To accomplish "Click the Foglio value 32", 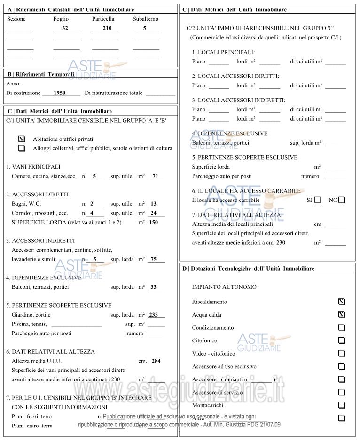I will click(x=65, y=28).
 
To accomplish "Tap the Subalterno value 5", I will click(x=145, y=28).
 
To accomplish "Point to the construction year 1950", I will click(x=60, y=93).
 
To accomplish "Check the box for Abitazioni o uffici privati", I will click(x=21, y=139).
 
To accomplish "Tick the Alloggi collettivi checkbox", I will click(x=21, y=148).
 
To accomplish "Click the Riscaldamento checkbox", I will click(x=342, y=302).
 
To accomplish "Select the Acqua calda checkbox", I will click(x=342, y=315).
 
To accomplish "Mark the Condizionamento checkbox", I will click(x=342, y=327).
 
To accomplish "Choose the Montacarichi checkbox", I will click(x=342, y=405).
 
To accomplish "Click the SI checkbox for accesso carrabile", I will click(x=318, y=200).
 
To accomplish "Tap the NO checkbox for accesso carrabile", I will click(x=342, y=200).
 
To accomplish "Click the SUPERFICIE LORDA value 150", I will click(x=153, y=222).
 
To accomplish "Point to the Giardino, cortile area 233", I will click(x=153, y=315).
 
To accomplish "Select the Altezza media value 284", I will click(x=156, y=361).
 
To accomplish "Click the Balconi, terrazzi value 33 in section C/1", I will click(x=153, y=287).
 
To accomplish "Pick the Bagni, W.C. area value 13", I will click(x=153, y=204).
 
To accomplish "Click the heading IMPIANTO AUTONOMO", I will click(x=218, y=287).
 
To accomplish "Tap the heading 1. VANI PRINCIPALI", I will click(x=33, y=167).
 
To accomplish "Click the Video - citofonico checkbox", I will click(x=342, y=353).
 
